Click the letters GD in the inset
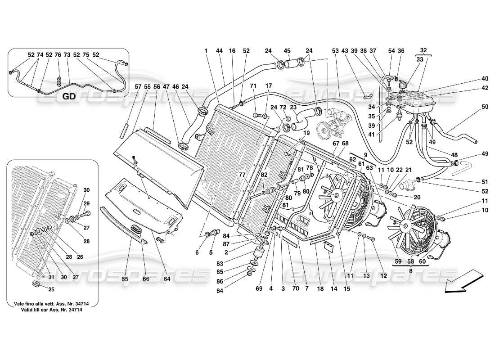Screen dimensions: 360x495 pos(68,95)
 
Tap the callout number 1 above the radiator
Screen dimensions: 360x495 pos(206,50)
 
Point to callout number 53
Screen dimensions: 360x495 pos(335,50)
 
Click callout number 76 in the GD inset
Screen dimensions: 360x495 pos(58,54)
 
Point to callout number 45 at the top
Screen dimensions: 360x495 pos(287,50)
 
